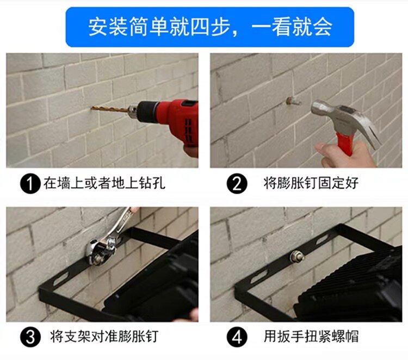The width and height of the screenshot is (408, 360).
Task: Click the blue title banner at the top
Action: (210, 27)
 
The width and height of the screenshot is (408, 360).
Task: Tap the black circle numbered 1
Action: (30, 183)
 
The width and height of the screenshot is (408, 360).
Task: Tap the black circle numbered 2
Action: (236, 183)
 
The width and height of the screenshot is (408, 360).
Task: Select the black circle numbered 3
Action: (30, 337)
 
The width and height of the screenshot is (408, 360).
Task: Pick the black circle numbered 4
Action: (236, 337)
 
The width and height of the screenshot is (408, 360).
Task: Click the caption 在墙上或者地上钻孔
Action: (104, 183)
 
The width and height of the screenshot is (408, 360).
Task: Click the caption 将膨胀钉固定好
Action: (311, 183)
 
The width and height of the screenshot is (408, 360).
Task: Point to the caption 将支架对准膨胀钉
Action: (104, 337)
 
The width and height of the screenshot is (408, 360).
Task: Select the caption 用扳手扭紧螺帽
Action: (311, 337)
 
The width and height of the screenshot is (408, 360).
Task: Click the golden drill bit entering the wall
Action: (110, 109)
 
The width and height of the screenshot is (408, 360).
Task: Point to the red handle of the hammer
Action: (344, 142)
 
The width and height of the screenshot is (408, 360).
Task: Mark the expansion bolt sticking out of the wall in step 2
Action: (292, 101)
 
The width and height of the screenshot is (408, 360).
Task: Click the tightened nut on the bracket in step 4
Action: (298, 256)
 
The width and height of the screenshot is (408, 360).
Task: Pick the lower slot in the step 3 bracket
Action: (60, 280)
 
